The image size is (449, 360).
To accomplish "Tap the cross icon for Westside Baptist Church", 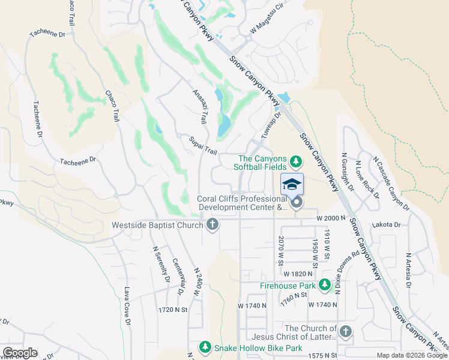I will [x=211, y=226].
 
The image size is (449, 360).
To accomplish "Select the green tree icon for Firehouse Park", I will [x=325, y=286].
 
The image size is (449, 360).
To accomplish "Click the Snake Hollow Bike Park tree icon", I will [x=205, y=348].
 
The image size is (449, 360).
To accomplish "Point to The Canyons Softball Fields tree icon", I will [x=295, y=161].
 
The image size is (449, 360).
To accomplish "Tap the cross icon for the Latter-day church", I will [x=345, y=331].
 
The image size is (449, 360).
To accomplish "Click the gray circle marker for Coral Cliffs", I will [x=296, y=205].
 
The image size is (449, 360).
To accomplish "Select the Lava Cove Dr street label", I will [x=127, y=306].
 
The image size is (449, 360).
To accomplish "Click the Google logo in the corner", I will [x=20, y=353].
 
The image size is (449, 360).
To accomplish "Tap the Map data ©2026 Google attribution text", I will [x=412, y=355].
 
